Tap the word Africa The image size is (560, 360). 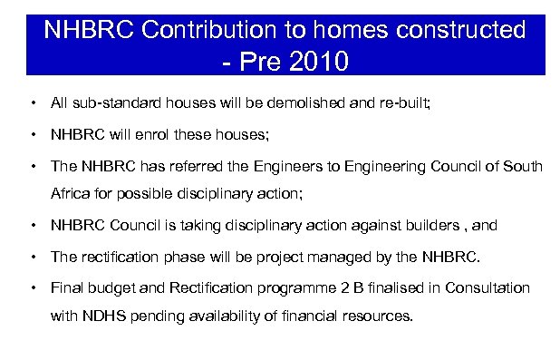tap(71, 195)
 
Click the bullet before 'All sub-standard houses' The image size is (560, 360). tap(33, 104)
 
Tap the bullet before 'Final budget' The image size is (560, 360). tap(33, 287)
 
